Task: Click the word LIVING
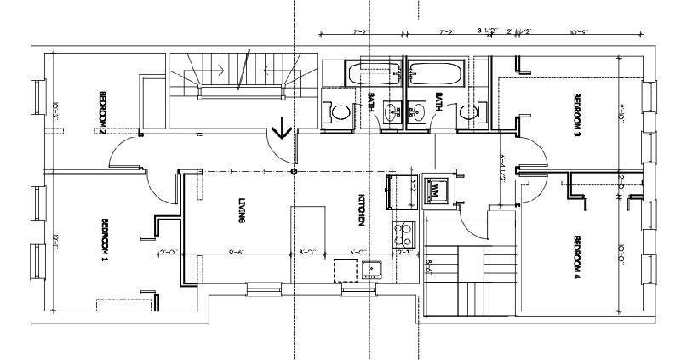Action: point(242,209)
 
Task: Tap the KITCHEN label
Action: point(361,209)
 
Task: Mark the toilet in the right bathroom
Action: point(468,111)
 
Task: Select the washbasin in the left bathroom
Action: point(392,111)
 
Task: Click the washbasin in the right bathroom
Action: point(417,111)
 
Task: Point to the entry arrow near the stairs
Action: point(281,129)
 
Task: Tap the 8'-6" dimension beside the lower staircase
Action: point(430,265)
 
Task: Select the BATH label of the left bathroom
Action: point(371,102)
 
